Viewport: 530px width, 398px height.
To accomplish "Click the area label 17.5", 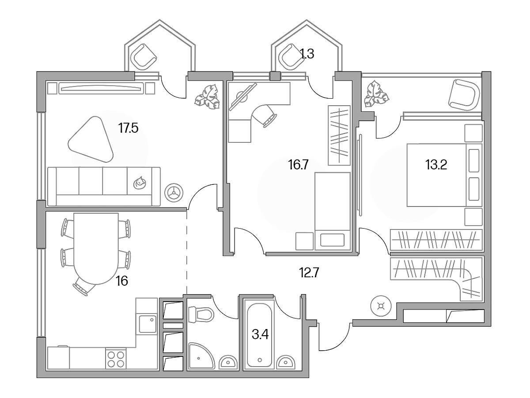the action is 128,128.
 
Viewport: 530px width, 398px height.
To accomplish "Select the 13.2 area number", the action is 436,165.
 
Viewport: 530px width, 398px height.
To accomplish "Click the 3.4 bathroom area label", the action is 260,335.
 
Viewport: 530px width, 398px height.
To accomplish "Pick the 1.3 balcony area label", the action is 307,54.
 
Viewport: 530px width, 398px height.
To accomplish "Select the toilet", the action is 201,314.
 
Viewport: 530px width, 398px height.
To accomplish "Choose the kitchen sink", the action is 148,324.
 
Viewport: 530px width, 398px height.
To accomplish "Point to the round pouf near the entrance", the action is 381,306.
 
